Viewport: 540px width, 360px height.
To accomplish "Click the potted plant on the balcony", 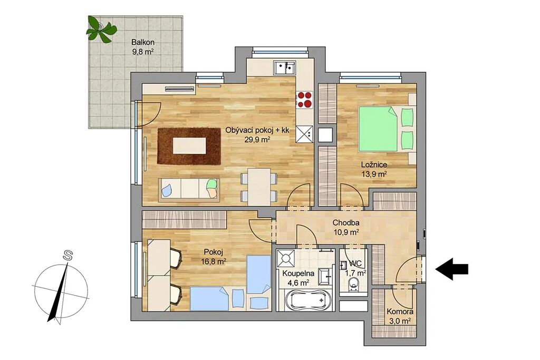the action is [99, 30].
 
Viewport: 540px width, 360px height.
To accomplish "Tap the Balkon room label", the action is [142, 43].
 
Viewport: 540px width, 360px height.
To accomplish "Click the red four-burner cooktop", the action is [304, 100].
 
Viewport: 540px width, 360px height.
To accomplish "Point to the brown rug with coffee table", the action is [189, 146].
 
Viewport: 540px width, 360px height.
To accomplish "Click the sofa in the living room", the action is [189, 188].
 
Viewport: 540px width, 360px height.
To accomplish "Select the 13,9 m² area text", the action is [374, 174].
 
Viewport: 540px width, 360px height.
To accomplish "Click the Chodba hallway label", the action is [346, 223].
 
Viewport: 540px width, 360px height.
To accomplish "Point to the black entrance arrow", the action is [452, 269].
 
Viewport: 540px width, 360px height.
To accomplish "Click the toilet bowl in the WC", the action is [354, 285].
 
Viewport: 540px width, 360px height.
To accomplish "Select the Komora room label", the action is [400, 312].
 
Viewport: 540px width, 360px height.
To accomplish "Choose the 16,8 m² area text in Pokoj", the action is [214, 261].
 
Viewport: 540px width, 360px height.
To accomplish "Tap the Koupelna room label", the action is [298, 274].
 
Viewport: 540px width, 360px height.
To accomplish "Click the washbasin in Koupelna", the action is [325, 276].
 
